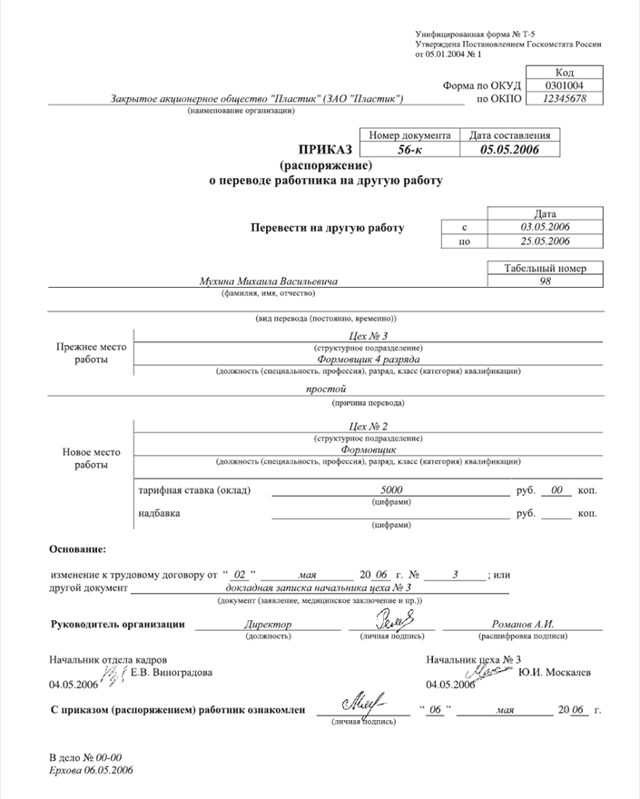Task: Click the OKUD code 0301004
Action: [563, 85]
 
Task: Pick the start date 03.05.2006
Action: [545, 226]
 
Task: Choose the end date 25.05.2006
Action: [545, 241]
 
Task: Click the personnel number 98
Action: [546, 281]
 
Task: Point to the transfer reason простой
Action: [322, 390]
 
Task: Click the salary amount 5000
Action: [391, 490]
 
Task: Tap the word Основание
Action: [77, 549]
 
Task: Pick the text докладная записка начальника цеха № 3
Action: [322, 588]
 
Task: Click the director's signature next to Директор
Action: [393, 621]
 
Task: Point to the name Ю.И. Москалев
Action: [554, 672]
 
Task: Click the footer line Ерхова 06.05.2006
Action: [91, 770]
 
